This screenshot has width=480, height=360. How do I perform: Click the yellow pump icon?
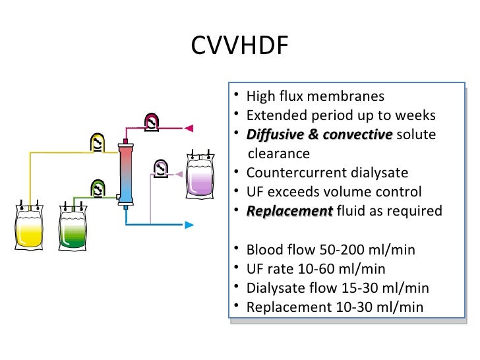click(98, 142)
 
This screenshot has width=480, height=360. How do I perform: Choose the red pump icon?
click(152, 123)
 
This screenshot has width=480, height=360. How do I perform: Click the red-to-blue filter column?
click(125, 174)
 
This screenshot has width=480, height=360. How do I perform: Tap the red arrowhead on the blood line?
click(189, 127)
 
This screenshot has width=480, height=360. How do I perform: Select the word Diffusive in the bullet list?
click(272, 135)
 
